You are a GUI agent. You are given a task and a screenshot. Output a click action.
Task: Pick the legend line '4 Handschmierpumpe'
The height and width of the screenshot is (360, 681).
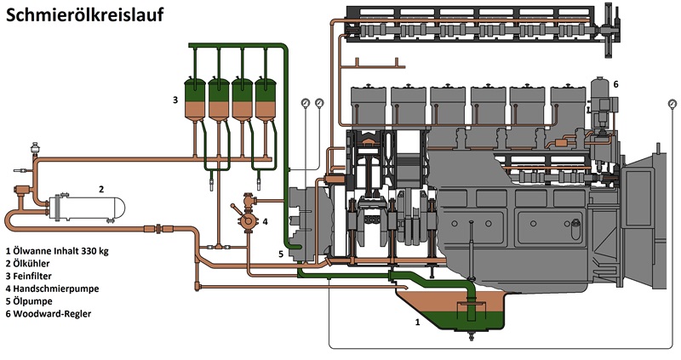(51, 289)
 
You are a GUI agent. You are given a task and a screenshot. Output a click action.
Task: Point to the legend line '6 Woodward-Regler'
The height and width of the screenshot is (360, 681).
(48, 314)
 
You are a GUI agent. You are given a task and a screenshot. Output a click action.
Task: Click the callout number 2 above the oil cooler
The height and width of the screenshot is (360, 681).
(100, 188)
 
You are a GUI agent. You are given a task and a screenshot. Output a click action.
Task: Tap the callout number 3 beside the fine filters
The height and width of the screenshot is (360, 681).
(175, 100)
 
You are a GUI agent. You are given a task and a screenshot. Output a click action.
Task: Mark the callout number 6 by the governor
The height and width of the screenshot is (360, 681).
(615, 83)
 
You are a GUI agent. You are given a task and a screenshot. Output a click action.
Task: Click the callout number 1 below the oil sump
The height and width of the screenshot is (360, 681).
(417, 323)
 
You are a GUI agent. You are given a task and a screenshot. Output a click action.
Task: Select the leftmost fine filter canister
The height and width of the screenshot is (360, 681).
(197, 98)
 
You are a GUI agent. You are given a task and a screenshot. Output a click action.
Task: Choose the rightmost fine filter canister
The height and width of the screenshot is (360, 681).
(267, 98)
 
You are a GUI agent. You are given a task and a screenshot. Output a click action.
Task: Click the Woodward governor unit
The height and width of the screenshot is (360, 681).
(601, 106)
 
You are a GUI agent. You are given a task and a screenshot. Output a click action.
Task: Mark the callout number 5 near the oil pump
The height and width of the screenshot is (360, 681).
(281, 253)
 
